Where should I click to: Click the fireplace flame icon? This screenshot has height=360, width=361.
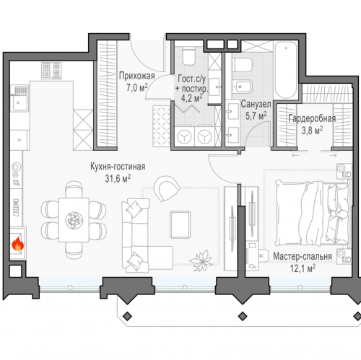pyautogui.click(x=18, y=244)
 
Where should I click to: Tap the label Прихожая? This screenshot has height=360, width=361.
pyautogui.click(x=137, y=76)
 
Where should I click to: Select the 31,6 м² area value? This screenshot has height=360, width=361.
pyautogui.click(x=118, y=178)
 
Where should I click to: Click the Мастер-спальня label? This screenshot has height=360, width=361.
pyautogui.click(x=303, y=256)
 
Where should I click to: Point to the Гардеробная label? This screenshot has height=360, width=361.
pyautogui.click(x=312, y=118)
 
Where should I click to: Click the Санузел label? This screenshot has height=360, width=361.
pyautogui.click(x=256, y=104)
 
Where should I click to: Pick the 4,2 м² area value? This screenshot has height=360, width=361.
pyautogui.click(x=192, y=98)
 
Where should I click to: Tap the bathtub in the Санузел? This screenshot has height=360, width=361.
pyautogui.click(x=286, y=70)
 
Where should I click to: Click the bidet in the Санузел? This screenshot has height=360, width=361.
pyautogui.click(x=242, y=87)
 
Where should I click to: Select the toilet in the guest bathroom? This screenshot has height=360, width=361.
pyautogui.click(x=188, y=56)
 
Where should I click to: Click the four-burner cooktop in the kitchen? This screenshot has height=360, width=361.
pyautogui.click(x=51, y=71)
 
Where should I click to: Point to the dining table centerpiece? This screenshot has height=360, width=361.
pyautogui.click(x=74, y=220)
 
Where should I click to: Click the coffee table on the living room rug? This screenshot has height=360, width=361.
pyautogui.click(x=180, y=224)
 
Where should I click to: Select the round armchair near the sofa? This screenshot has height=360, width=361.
pyautogui.click(x=167, y=188)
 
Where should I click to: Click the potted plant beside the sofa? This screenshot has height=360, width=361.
pyautogui.click(x=201, y=261)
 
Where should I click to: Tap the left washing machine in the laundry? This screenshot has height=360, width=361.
pyautogui.click(x=184, y=137)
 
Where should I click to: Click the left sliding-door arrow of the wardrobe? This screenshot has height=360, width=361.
pyautogui.click(x=295, y=155)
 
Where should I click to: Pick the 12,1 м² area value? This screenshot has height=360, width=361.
pyautogui.click(x=303, y=268)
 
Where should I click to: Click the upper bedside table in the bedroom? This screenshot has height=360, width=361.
pyautogui.click(x=344, y=171)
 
